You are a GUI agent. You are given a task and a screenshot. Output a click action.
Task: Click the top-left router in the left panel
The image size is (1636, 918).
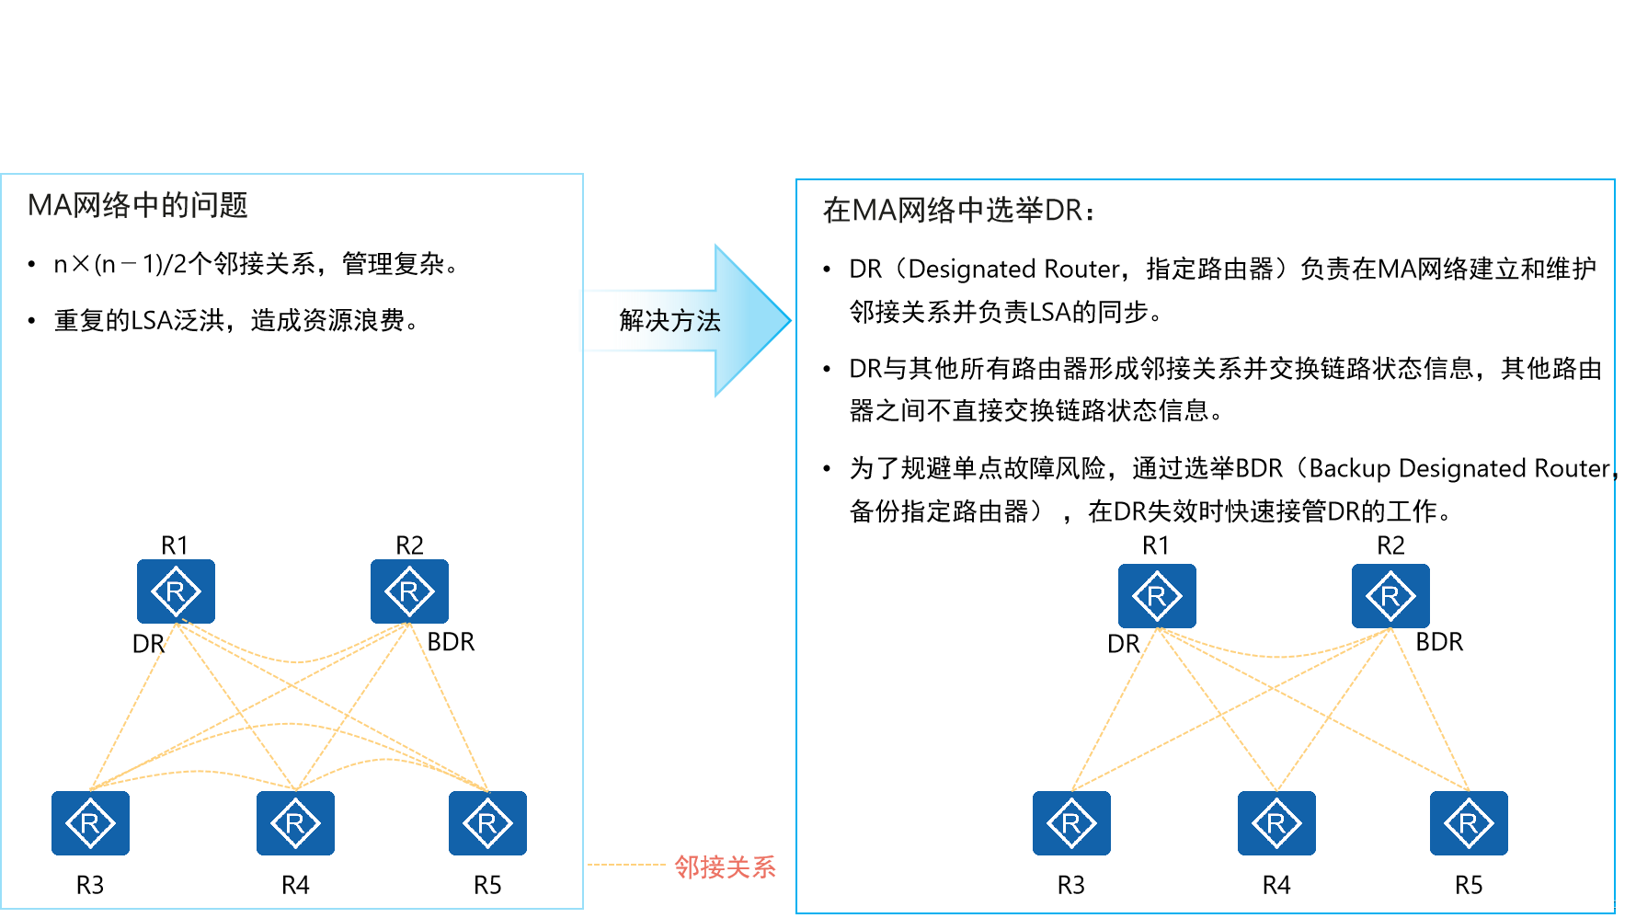pyautogui.click(x=176, y=591)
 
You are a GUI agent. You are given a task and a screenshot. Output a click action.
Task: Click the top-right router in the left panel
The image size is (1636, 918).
pyautogui.click(x=409, y=591)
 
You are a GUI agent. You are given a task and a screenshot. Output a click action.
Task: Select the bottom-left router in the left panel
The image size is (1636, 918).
pyautogui.click(x=90, y=823)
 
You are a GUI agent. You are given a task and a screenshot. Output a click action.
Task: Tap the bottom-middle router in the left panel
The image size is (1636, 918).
pyautogui.click(x=295, y=823)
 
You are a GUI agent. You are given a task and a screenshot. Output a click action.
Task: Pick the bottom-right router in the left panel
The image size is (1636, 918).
pyautogui.click(x=487, y=823)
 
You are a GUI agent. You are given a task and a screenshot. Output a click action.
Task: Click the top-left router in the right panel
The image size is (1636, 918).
pyautogui.click(x=1157, y=596)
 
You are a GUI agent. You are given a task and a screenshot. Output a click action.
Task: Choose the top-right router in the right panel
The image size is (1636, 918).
pyautogui.click(x=1390, y=596)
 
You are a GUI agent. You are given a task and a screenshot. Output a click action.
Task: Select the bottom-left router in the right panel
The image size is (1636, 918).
pyautogui.click(x=1071, y=823)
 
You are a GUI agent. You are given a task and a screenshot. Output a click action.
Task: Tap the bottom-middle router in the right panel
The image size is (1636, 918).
pyautogui.click(x=1276, y=823)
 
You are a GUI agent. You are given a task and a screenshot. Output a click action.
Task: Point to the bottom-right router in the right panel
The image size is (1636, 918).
pyautogui.click(x=1469, y=823)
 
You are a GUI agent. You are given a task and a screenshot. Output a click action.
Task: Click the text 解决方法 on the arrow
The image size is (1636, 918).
pyautogui.click(x=669, y=321)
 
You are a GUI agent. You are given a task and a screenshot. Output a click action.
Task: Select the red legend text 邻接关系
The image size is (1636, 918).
pyautogui.click(x=725, y=866)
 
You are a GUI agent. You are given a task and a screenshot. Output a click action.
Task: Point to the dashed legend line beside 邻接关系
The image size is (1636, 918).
pyautogui.click(x=625, y=865)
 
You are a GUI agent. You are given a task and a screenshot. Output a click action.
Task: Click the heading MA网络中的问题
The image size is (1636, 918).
pyautogui.click(x=138, y=205)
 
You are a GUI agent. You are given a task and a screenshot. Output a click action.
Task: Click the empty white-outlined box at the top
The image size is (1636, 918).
pyautogui.click(x=331, y=51)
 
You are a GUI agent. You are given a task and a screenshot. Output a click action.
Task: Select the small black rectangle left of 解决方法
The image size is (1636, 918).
pyautogui.click(x=597, y=320)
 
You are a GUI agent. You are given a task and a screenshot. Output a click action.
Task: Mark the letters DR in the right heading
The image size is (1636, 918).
pyautogui.click(x=1064, y=211)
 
